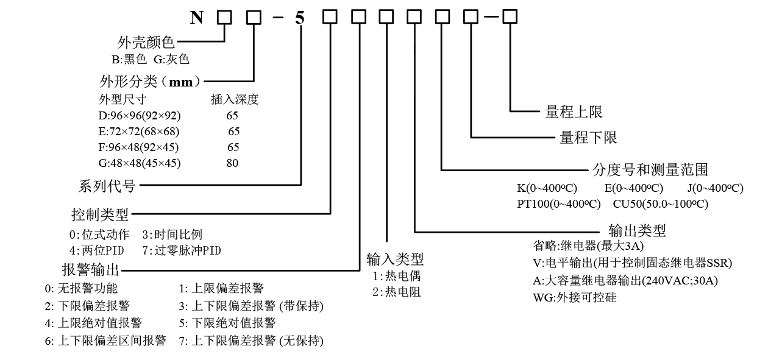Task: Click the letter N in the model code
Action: tap(196, 18)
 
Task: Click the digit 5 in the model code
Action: tap(299, 18)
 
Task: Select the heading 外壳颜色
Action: tap(146, 43)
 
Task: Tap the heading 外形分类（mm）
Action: tap(151, 80)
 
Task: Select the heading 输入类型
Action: tap(395, 259)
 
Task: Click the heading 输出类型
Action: tap(637, 230)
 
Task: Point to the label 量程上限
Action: tap(574, 111)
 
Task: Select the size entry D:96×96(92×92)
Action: tap(140, 115)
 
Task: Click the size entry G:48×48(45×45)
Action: tap(140, 163)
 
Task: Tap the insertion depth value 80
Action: tap(232, 163)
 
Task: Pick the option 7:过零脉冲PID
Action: tap(181, 250)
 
